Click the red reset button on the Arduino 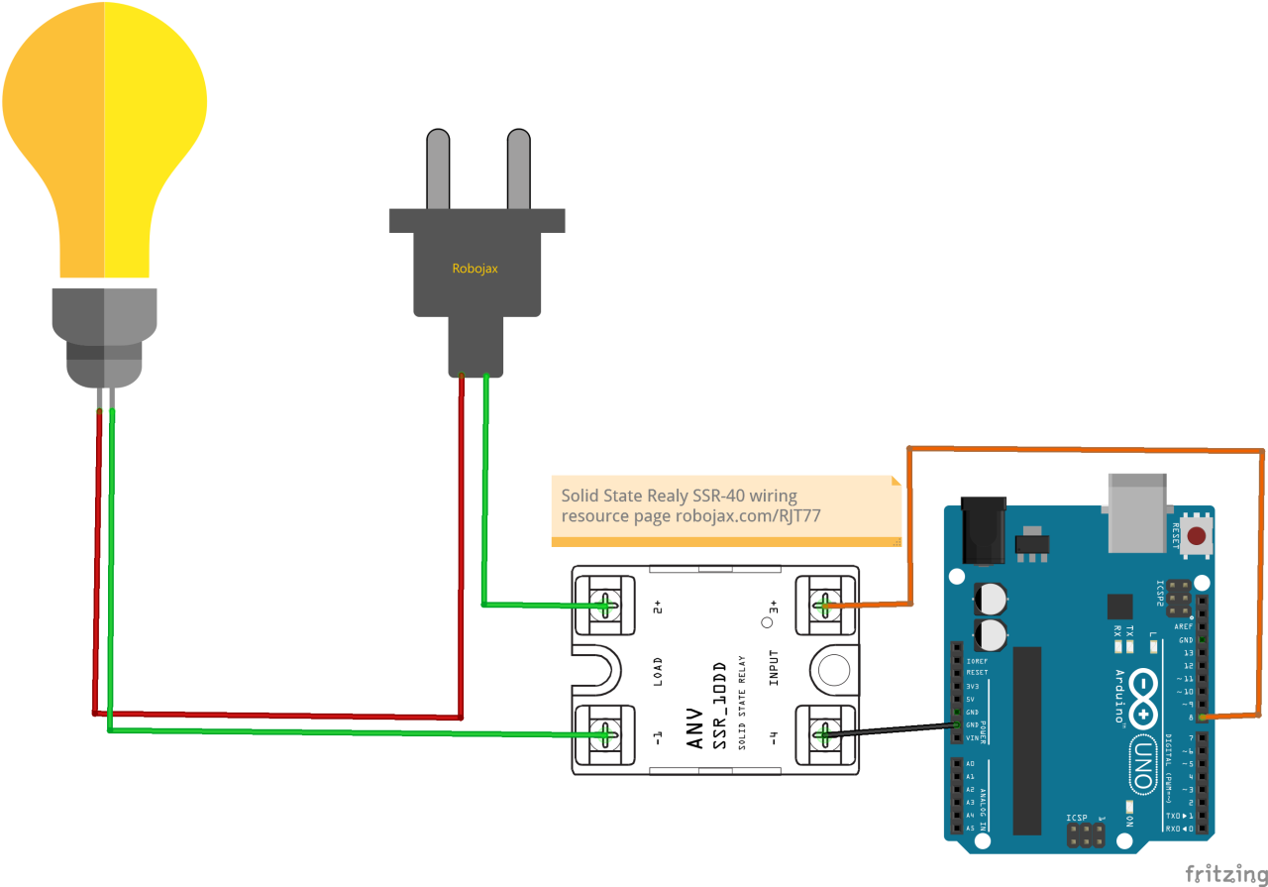click(x=1197, y=536)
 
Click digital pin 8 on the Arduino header click(x=1202, y=716)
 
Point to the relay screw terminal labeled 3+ click(x=823, y=604)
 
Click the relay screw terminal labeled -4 click(x=823, y=734)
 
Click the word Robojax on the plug click(x=475, y=268)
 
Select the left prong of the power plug click(x=438, y=168)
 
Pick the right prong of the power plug click(x=519, y=168)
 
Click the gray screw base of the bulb click(x=104, y=337)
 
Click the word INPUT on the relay click(x=774, y=668)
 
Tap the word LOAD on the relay click(x=658, y=671)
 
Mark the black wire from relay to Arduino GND click(x=892, y=729)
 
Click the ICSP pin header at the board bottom click(x=1087, y=835)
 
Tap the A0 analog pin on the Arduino click(x=957, y=764)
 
